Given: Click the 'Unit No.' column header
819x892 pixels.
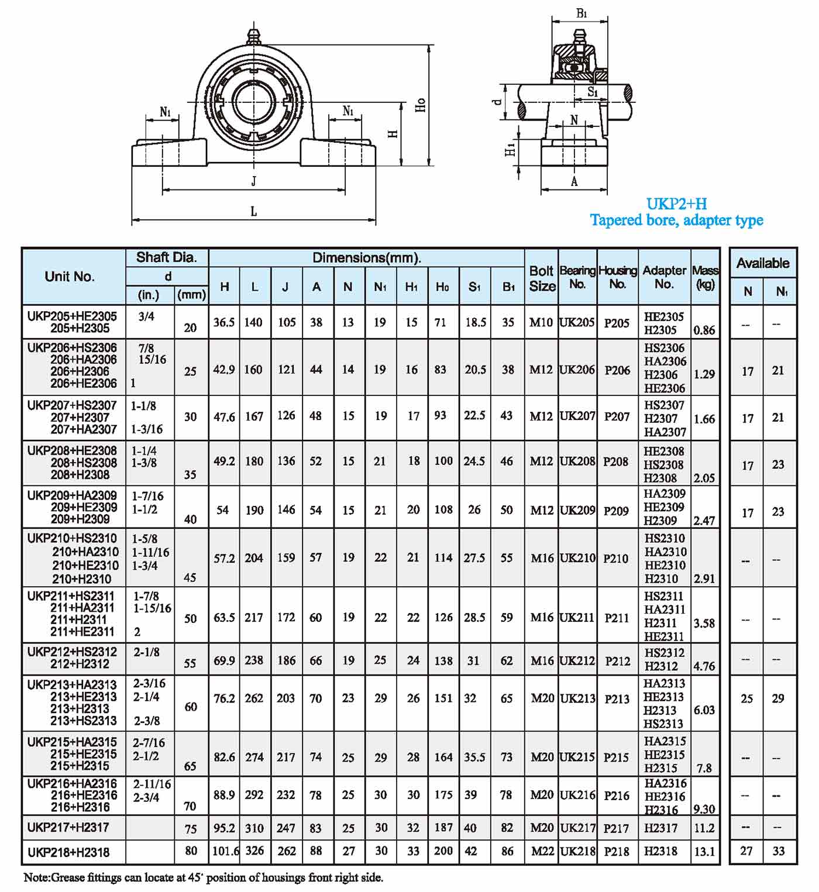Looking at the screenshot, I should [70, 277].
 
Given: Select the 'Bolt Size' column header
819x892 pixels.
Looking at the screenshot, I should [542, 278].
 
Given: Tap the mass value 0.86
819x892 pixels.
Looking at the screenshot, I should [704, 330].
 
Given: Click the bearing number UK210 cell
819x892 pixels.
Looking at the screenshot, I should [577, 558].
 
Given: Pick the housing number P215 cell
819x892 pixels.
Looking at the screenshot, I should [617, 757].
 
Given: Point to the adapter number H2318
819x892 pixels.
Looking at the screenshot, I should [660, 851].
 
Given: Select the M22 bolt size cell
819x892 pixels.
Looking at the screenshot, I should [542, 851].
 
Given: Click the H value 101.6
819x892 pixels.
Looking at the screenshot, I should [225, 851].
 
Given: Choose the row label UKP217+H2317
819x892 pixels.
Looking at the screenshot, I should [68, 828].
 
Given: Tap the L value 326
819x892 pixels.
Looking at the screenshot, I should [254, 850].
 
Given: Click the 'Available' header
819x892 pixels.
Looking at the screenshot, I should [763, 263].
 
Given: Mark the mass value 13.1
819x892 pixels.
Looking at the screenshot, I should [704, 852].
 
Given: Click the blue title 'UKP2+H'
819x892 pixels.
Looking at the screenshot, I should [676, 204].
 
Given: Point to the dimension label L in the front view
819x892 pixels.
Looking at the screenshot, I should [253, 212].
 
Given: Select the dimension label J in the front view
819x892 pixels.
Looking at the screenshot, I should [253, 181].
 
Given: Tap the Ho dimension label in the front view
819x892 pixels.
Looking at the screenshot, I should [421, 105].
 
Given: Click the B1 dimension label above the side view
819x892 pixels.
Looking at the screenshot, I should [581, 13].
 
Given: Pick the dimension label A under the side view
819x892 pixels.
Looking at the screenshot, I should [574, 182].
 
